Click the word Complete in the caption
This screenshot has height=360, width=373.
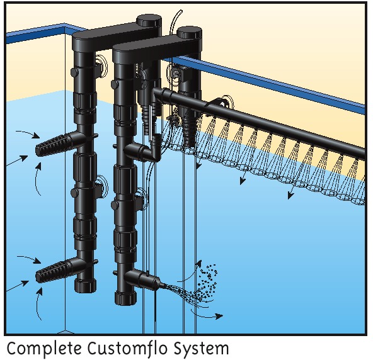pos(44,349)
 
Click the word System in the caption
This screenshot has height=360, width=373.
pos(201,349)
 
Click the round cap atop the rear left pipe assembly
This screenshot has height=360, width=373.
pos(149,20)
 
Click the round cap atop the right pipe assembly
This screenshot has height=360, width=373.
pos(190,33)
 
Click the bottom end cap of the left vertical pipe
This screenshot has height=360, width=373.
pos(86,285)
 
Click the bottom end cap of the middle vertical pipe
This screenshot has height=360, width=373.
pos(126,298)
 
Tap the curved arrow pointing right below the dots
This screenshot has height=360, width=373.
pos(207,315)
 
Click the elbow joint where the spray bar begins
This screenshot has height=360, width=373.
pos(159,93)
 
